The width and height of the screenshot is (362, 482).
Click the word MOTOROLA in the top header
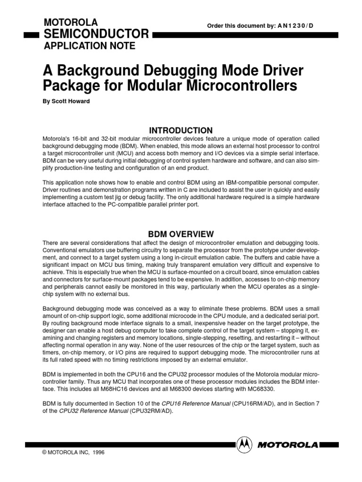tap(70, 22)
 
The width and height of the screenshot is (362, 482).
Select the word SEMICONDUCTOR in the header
tap(96, 34)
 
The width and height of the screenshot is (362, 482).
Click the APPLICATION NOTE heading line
tap(89, 46)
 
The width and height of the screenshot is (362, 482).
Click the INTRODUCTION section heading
tap(181, 130)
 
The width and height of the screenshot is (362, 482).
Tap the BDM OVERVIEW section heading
tap(181, 234)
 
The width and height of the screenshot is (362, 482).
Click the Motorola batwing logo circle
tap(244, 443)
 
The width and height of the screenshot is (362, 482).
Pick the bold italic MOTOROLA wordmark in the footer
tap(289, 443)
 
